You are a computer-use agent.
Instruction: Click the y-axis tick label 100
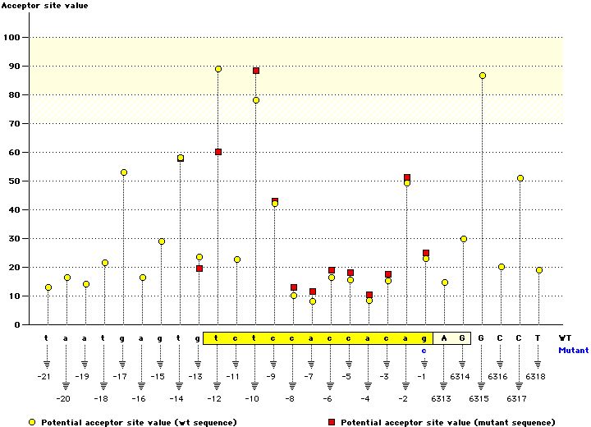point(12,38)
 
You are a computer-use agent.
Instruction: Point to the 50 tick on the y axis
point(15,181)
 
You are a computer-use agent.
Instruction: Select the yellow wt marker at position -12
point(218,69)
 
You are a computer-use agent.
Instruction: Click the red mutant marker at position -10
point(256,71)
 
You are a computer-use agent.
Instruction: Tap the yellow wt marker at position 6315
point(482,76)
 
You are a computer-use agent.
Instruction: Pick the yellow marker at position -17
point(124,172)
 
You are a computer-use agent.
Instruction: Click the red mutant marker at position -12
point(218,152)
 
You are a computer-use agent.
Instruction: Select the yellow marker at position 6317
point(520,178)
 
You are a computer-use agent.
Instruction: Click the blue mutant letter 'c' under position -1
point(424,350)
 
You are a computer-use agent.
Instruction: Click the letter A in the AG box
point(443,338)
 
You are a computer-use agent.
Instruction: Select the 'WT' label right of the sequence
point(565,338)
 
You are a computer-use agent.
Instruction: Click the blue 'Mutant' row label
point(573,350)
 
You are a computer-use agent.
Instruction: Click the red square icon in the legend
point(332,421)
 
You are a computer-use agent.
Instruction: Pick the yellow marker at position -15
point(162,241)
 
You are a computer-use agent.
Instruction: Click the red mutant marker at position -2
point(407,177)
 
